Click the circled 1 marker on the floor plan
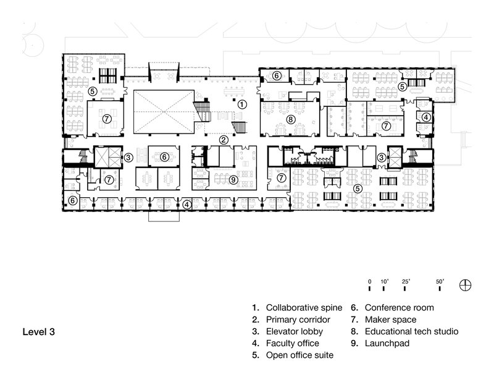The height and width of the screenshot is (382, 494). click(x=243, y=104)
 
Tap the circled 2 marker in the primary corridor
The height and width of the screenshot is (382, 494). click(x=225, y=140)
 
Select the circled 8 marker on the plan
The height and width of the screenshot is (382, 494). click(x=290, y=119)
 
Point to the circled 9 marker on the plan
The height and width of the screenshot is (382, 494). click(x=233, y=179)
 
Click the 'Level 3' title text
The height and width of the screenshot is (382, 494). click(x=39, y=332)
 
